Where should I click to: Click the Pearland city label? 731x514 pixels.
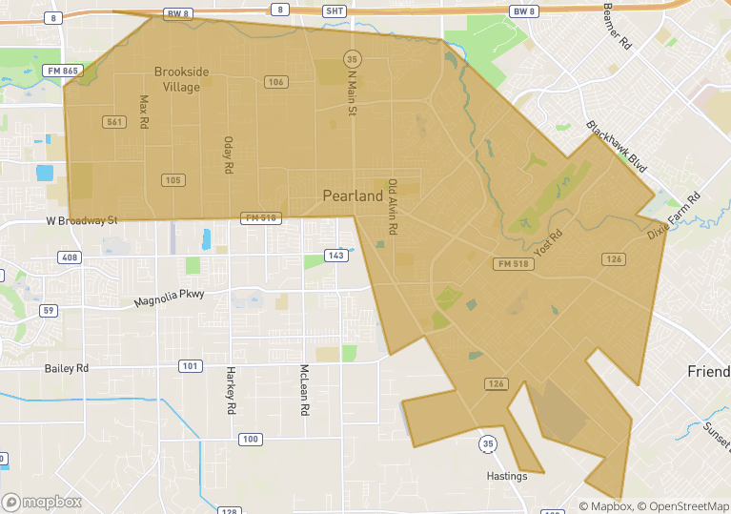(x=353, y=196)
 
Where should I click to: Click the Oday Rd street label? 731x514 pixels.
(x=228, y=154)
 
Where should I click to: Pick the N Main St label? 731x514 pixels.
(x=352, y=93)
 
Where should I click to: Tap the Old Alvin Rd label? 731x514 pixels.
(x=391, y=207)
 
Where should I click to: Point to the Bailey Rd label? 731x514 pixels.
(x=67, y=367)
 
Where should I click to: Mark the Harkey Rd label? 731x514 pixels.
(x=231, y=390)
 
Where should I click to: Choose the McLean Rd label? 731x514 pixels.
(x=305, y=389)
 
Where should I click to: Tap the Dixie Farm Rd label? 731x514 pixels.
(x=674, y=216)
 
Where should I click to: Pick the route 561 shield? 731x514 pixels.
(x=113, y=121)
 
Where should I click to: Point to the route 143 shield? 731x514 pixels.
(x=335, y=256)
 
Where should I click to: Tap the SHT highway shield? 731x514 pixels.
(x=334, y=10)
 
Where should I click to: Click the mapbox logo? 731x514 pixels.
(x=42, y=502)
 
